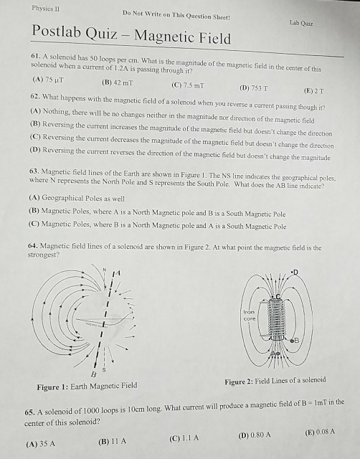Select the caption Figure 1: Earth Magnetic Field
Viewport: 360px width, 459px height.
tap(87, 386)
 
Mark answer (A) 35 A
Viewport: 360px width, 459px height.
tap(41, 444)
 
